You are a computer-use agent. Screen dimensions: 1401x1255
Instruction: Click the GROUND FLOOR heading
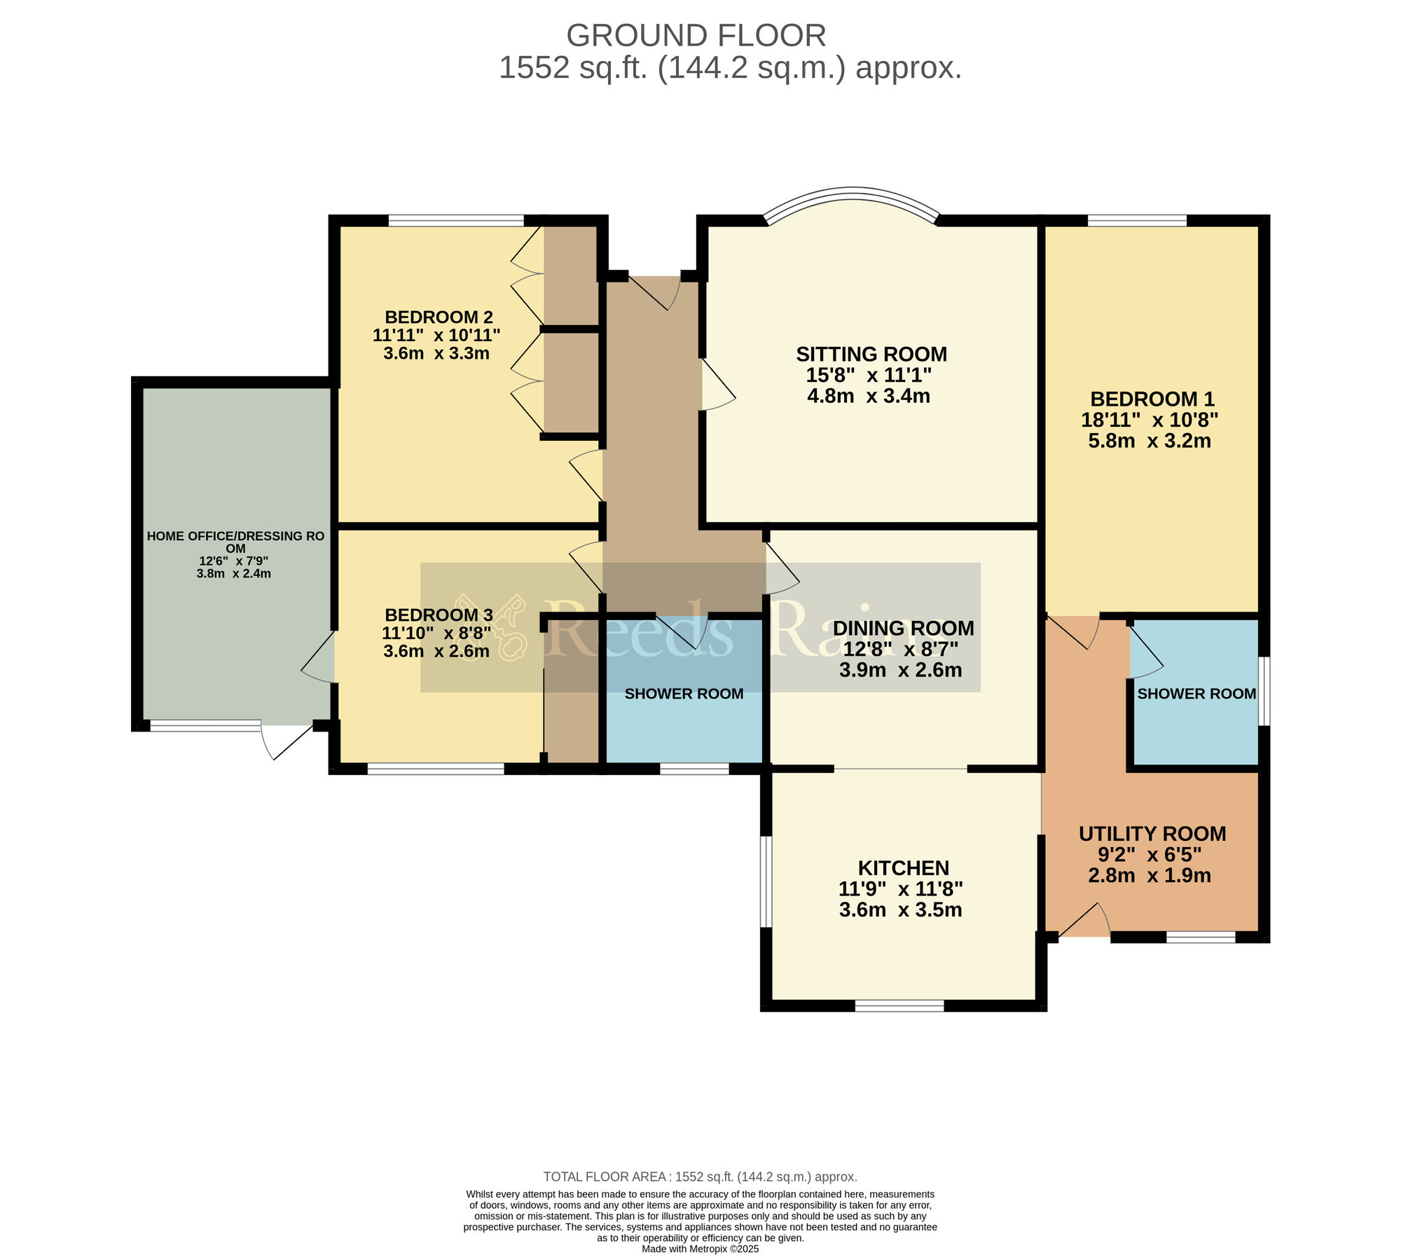pos(696,35)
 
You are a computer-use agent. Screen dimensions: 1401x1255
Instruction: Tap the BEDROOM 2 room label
pos(439,317)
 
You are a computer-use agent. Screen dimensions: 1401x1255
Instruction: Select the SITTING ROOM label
pos(871,354)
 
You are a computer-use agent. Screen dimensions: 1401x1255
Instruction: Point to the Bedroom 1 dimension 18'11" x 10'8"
pos(1150,420)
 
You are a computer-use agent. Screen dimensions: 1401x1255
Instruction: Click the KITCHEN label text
pos(904,868)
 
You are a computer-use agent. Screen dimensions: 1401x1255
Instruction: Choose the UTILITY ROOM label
pos(1152,834)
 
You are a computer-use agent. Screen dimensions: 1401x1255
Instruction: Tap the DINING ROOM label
pos(903,628)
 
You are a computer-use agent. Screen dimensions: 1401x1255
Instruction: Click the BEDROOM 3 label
pos(439,615)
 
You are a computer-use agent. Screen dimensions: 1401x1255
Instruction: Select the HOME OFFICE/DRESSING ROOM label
pos(235,542)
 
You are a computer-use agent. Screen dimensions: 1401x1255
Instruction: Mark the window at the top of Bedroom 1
pos(1137,221)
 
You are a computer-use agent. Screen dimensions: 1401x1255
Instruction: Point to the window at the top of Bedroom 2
pos(456,221)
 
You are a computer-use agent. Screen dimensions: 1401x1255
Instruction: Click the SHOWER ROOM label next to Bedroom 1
pos(1196,694)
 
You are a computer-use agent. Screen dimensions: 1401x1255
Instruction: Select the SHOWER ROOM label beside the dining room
pos(684,694)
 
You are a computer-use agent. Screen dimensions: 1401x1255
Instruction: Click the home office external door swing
pos(287,742)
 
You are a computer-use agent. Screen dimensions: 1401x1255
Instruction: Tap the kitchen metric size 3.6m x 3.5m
pos(900,910)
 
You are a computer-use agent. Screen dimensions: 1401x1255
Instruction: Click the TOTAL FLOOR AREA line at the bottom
pos(700,1177)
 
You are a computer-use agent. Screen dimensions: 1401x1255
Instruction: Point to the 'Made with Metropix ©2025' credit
pos(700,1249)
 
